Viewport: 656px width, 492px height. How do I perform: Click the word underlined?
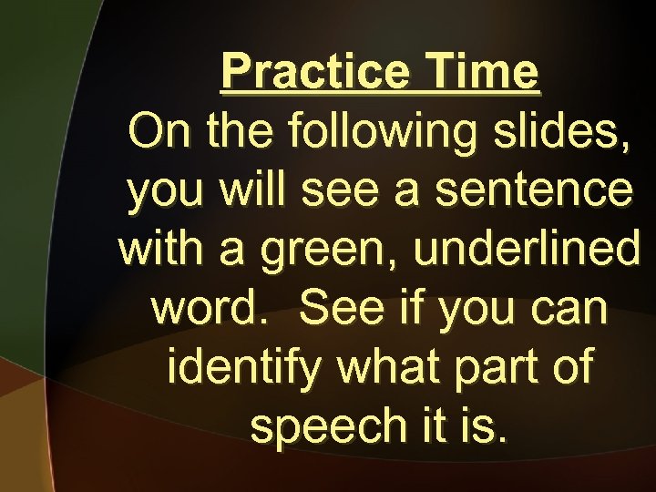click(x=527, y=249)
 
